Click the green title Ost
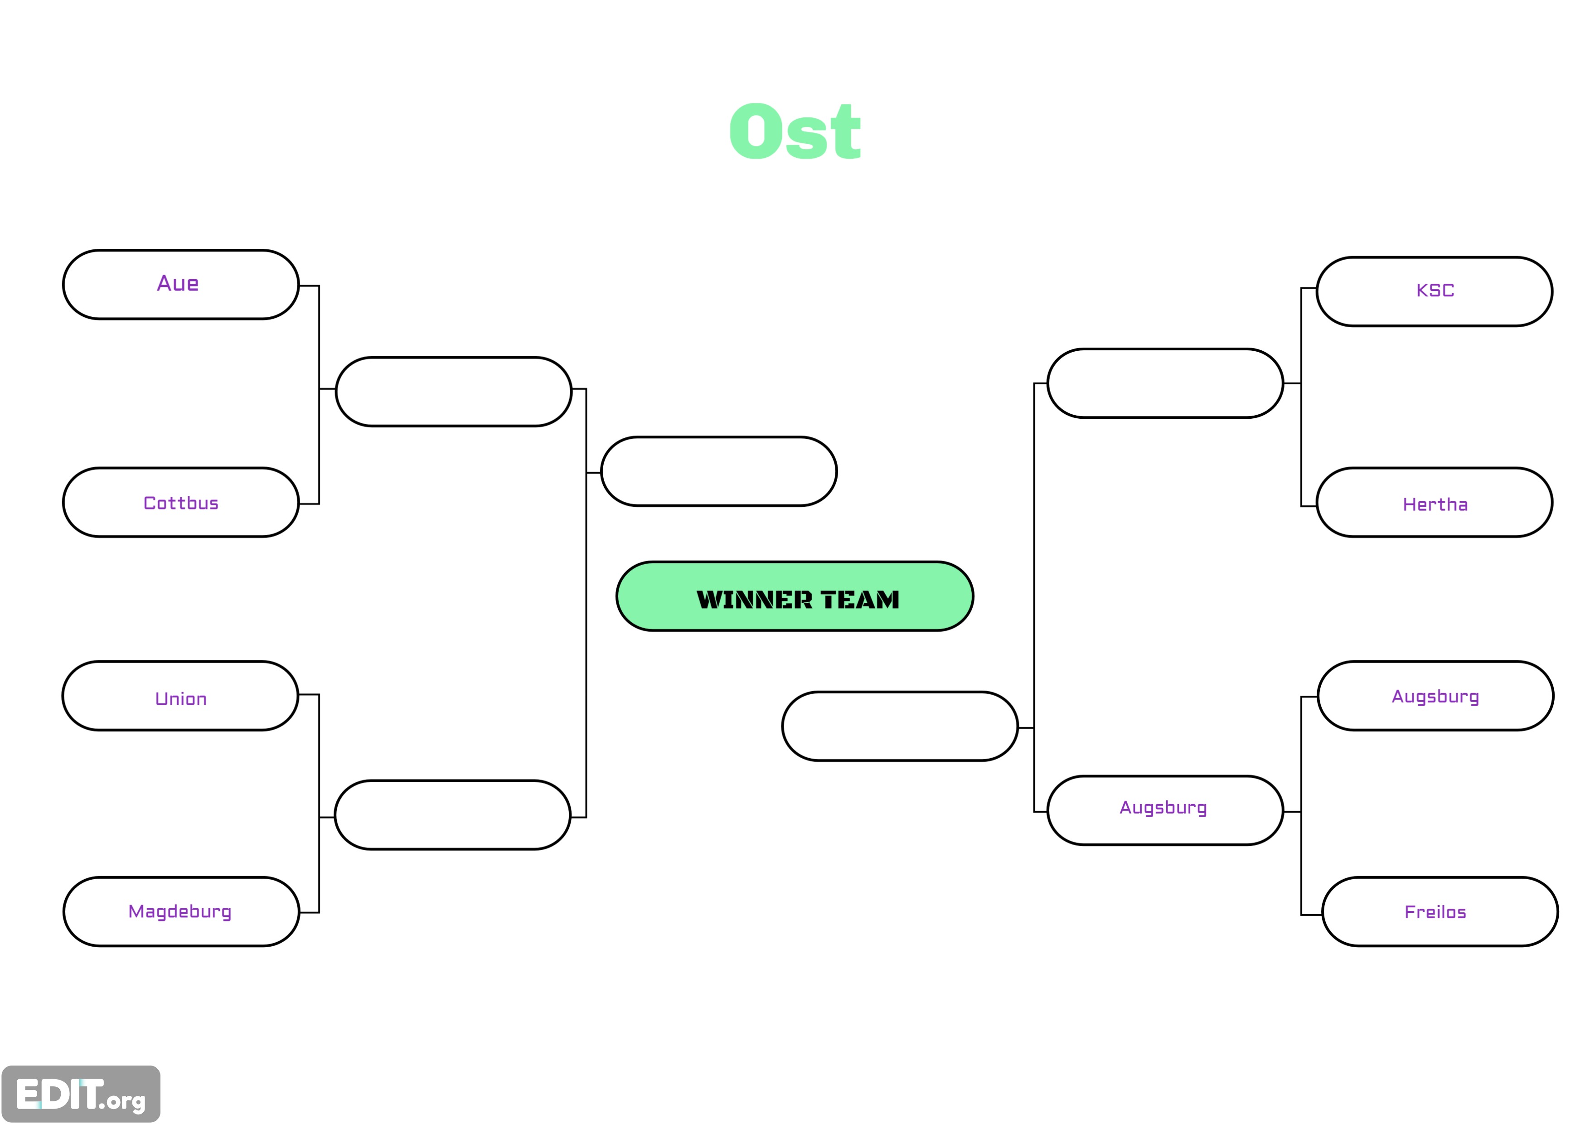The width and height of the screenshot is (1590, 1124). click(795, 131)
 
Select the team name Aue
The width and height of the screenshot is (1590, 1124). click(178, 283)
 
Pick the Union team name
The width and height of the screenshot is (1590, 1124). click(181, 699)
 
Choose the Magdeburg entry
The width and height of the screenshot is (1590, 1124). click(180, 912)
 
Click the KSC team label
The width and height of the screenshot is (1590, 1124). click(1435, 290)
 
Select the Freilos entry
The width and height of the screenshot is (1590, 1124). click(1435, 912)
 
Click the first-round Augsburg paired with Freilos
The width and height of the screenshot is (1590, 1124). click(1435, 697)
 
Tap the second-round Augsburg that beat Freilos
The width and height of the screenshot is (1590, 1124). click(1163, 808)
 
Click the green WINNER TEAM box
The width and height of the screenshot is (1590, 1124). click(795, 596)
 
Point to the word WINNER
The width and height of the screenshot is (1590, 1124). click(754, 600)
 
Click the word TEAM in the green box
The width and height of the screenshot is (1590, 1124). click(860, 600)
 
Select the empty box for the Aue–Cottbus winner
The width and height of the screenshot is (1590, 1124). click(454, 392)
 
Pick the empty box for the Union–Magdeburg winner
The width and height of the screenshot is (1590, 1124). click(453, 815)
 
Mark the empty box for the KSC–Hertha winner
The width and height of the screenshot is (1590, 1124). click(1165, 383)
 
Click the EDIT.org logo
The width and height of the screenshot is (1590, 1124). click(81, 1094)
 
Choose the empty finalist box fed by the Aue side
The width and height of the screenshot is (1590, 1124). click(719, 472)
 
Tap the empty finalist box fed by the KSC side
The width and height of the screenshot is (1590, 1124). click(900, 727)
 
